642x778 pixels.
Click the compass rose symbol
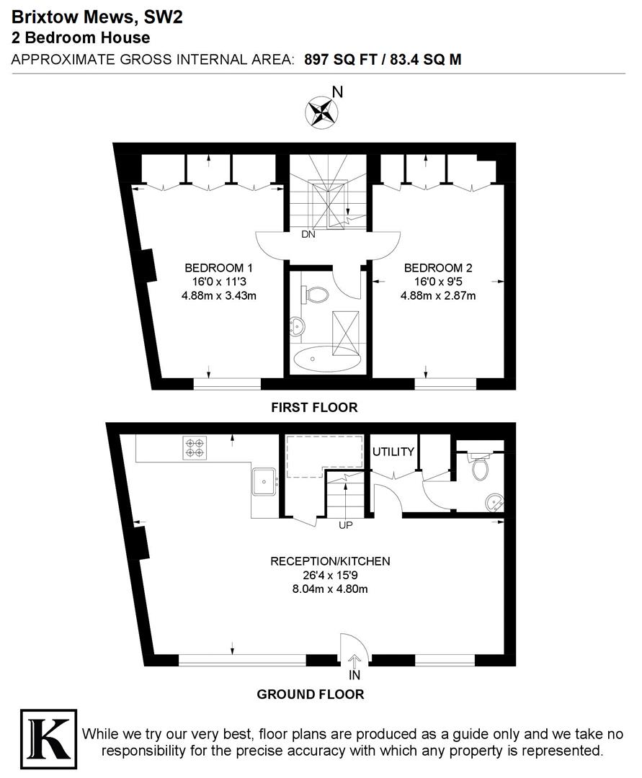(321, 111)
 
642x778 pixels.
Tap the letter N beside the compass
(337, 92)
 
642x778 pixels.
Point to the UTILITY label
(393, 452)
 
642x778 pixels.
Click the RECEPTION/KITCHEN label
(330, 561)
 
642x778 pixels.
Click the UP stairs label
(346, 525)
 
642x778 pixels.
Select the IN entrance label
(355, 676)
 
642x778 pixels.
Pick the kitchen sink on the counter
(264, 480)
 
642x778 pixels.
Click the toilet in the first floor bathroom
(315, 294)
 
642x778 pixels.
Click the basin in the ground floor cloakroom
(493, 501)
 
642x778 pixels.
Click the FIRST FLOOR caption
(314, 408)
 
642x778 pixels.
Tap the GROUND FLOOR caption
(311, 694)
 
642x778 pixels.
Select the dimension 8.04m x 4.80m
(330, 590)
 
